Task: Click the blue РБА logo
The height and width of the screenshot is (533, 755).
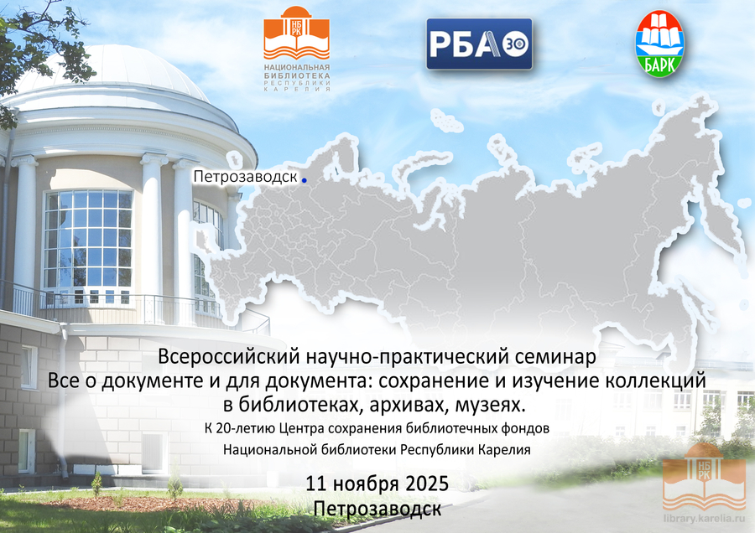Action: [479, 44]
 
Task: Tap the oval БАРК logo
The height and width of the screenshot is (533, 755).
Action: [661, 44]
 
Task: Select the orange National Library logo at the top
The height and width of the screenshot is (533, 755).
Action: [297, 49]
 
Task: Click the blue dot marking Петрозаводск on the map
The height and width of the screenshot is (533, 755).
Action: [305, 180]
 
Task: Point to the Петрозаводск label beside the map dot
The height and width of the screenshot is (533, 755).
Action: [245, 177]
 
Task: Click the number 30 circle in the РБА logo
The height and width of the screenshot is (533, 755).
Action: [516, 44]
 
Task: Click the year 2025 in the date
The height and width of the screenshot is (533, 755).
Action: [427, 484]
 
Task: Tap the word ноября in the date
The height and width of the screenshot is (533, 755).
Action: [366, 484]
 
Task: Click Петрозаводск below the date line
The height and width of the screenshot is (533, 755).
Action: [377, 509]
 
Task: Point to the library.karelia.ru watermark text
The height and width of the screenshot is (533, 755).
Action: [704, 519]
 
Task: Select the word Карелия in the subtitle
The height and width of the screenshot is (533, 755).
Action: [505, 450]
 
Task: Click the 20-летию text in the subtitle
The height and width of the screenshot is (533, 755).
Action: [246, 428]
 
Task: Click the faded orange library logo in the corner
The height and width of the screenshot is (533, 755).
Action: [704, 477]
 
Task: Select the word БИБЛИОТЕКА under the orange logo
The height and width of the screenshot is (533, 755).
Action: [297, 75]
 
